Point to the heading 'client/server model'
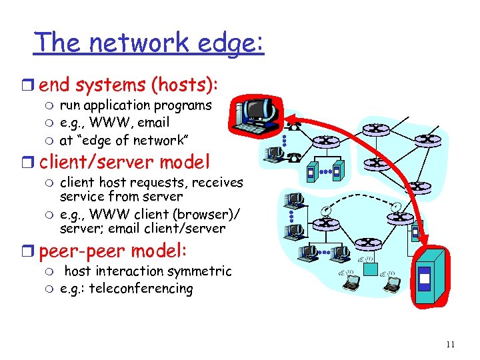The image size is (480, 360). point(124,161)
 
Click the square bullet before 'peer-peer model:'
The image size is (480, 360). point(31,251)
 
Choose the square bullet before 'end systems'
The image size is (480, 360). point(31,85)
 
